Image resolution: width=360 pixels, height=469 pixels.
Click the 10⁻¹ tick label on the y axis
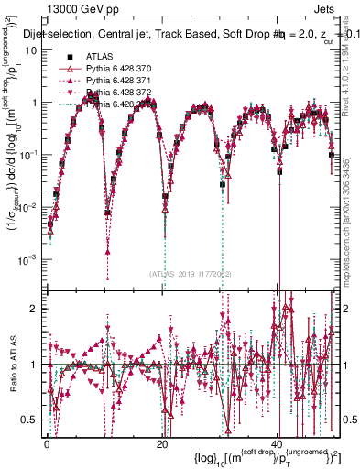(29, 155)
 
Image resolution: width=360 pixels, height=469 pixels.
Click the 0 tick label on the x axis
(47, 443)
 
